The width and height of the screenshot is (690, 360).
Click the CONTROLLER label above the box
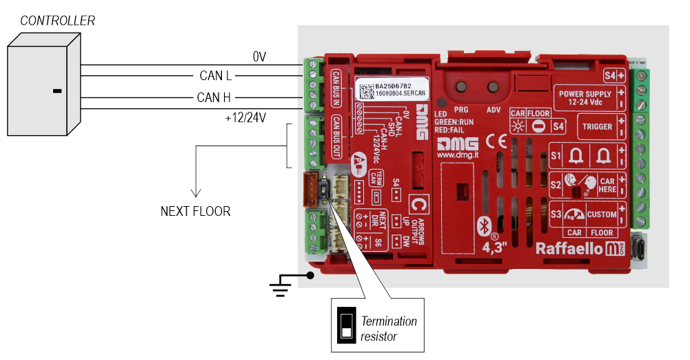click(x=58, y=21)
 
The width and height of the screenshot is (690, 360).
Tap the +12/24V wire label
click(x=246, y=118)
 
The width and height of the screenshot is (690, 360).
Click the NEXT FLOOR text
click(x=196, y=211)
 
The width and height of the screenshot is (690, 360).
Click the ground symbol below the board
click(x=279, y=285)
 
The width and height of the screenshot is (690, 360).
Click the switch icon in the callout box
click(x=345, y=323)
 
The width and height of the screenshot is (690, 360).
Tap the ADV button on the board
click(x=493, y=88)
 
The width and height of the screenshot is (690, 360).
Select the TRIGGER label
click(x=597, y=127)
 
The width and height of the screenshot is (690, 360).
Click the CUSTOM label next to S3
click(x=601, y=214)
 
